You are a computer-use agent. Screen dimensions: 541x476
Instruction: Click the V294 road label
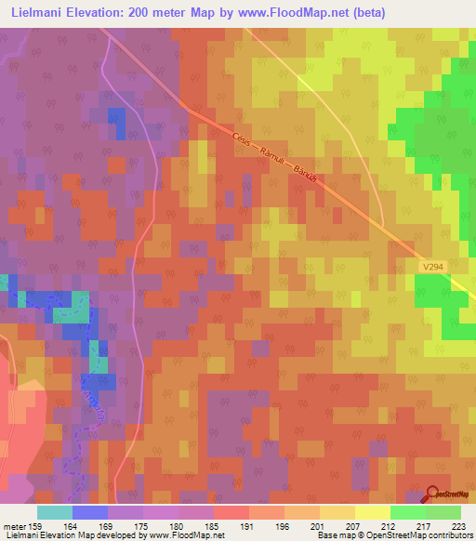430,266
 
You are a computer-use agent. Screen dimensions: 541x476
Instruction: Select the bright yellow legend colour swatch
372,511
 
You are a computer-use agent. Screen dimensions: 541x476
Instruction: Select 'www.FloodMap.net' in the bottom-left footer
190,535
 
